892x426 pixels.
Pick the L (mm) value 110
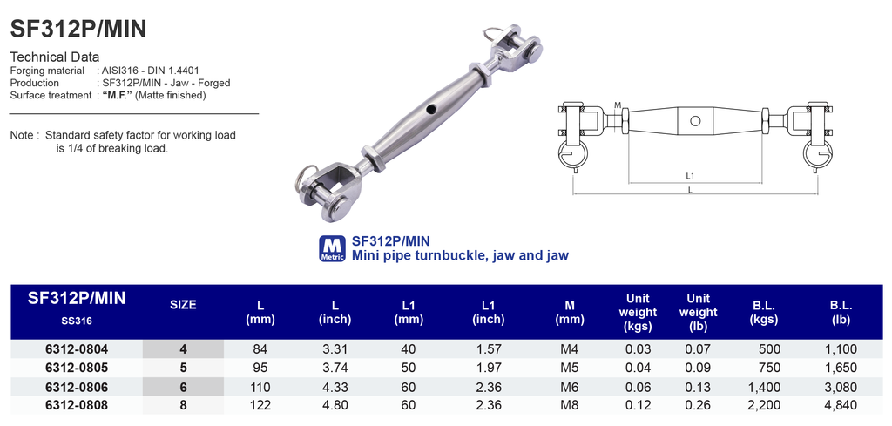point(261,387)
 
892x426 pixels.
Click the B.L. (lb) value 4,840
point(840,405)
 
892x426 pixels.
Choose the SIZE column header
point(183,305)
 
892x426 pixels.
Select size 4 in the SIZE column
point(183,349)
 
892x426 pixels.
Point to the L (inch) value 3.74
point(335,368)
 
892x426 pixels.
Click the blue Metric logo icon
point(333,248)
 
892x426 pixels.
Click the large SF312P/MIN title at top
point(78,29)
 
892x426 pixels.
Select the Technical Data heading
point(55,57)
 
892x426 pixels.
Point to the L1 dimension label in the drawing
point(690,176)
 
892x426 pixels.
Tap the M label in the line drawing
point(617,105)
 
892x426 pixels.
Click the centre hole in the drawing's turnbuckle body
point(694,120)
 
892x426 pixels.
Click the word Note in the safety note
point(22,136)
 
